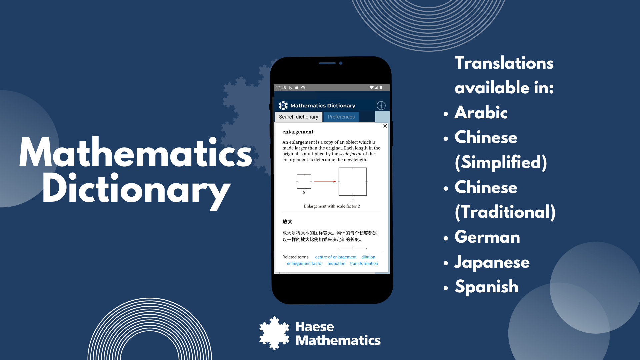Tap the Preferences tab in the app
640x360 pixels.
point(341,117)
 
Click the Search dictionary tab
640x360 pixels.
point(298,117)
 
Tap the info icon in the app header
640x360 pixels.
point(381,106)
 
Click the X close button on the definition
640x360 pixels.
point(385,126)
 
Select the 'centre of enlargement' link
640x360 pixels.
point(336,257)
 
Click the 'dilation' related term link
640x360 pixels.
point(368,257)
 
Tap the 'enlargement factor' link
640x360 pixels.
point(305,264)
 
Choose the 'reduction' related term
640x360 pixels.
point(336,264)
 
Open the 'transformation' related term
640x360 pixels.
point(364,264)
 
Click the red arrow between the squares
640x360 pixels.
point(325,182)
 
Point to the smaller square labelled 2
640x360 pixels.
point(304,182)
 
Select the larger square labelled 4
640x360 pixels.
point(353,182)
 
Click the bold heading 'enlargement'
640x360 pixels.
point(298,132)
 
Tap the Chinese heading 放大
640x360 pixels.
point(287,222)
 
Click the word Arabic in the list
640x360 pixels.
point(481,113)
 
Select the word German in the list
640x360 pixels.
point(487,237)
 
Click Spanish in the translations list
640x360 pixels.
point(487,287)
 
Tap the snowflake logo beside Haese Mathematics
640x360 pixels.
point(274,333)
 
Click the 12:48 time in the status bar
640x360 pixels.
point(281,88)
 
